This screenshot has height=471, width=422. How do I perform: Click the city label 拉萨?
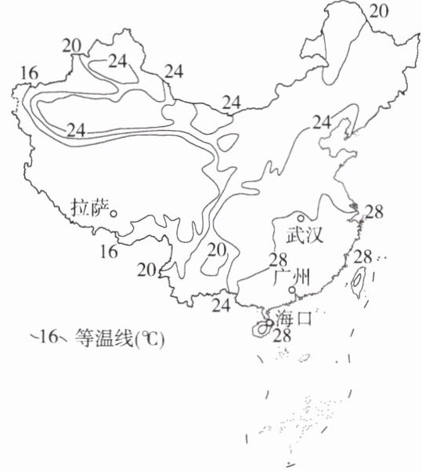point(89,208)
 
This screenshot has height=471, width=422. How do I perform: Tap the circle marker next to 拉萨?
point(114,214)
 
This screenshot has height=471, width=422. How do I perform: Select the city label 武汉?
point(305,234)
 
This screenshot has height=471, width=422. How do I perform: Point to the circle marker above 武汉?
point(300,219)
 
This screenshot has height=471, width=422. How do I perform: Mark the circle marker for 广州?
point(292,290)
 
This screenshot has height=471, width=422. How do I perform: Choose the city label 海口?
point(294,318)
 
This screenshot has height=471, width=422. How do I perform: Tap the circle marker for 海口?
point(269,322)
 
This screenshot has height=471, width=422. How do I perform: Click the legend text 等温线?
point(104,338)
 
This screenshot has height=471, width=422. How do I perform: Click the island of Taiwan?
point(357,281)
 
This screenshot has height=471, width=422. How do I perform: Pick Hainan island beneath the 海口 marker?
point(261,328)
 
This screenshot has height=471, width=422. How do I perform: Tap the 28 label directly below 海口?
point(283,335)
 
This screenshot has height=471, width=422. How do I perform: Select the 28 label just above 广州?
point(278,260)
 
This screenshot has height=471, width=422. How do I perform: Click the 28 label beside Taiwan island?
point(363,257)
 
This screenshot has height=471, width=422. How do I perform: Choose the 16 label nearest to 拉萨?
point(109,252)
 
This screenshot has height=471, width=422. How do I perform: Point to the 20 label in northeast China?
point(379,12)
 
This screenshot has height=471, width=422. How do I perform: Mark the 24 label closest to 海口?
point(222,306)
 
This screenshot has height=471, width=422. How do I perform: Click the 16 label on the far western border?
point(30,74)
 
